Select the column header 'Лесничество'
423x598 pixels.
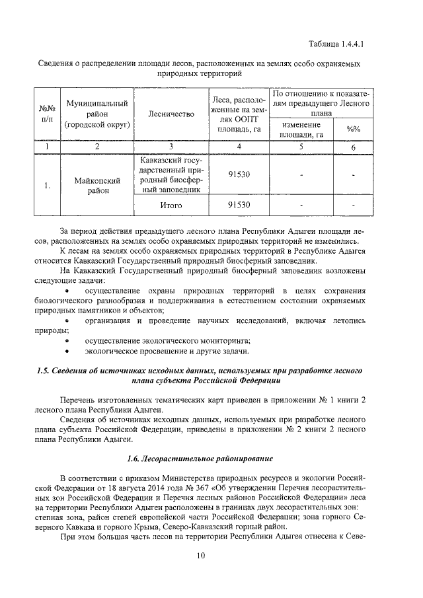coord(171,114)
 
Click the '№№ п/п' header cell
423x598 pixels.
coord(46,114)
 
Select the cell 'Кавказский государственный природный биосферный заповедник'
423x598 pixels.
coord(171,175)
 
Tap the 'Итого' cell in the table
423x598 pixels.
coord(171,205)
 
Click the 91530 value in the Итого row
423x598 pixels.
coord(239,205)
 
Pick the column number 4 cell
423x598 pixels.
coord(239,147)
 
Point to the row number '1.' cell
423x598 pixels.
coord(46,186)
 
